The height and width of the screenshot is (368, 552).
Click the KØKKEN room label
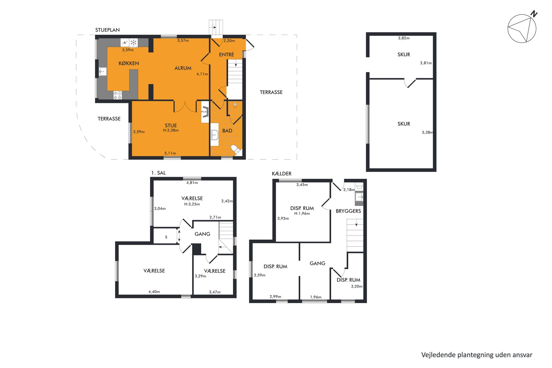pyautogui.click(x=129, y=63)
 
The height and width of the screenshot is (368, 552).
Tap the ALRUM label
pyautogui.click(x=183, y=68)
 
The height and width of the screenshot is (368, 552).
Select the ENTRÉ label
pyautogui.click(x=226, y=55)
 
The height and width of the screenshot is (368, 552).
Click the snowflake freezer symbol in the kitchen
pyautogui.click(x=133, y=43)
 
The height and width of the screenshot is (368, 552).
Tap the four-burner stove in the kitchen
pyautogui.click(x=117, y=95)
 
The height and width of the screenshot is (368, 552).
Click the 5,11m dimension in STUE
pyautogui.click(x=170, y=153)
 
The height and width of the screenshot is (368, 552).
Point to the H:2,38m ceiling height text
pyautogui.click(x=171, y=130)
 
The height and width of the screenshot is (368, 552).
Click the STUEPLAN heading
pyautogui.click(x=107, y=30)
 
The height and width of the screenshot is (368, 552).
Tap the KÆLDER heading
pyautogui.click(x=282, y=174)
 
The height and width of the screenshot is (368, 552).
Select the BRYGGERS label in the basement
pyautogui.click(x=348, y=211)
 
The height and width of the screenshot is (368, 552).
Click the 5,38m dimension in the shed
pyautogui.click(x=427, y=132)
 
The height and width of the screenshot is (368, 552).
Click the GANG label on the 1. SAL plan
pyautogui.click(x=202, y=234)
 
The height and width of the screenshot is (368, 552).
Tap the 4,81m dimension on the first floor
pyautogui.click(x=192, y=183)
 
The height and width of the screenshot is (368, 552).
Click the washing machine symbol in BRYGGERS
pyautogui.click(x=359, y=187)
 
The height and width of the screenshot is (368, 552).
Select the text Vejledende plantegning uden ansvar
pyautogui.click(x=477, y=355)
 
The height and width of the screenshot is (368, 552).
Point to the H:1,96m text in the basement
pyautogui.click(x=302, y=213)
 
